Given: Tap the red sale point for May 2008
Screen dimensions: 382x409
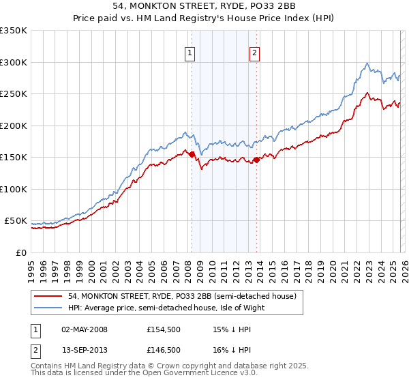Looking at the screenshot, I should (192, 155).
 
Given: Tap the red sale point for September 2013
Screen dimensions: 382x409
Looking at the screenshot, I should (256, 160).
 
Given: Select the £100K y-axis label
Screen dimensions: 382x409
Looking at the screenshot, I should (14, 189).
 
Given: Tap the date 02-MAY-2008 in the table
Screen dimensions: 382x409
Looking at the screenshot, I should (85, 329).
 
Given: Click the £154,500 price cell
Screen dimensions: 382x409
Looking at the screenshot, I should (163, 329).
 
